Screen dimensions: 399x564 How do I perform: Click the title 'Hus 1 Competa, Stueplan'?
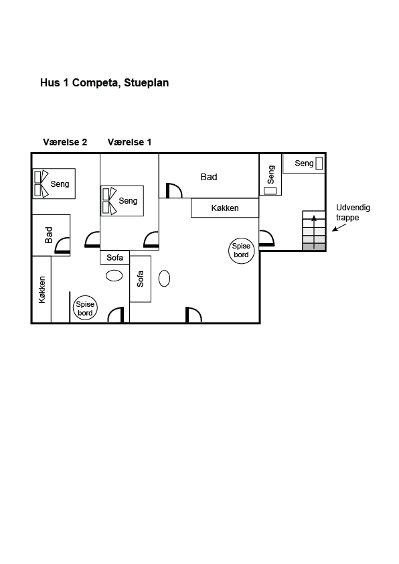point(104,83)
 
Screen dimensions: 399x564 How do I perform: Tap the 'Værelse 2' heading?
point(65,142)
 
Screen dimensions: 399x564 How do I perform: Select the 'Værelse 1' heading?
point(129,142)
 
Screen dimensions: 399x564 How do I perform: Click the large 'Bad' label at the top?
point(209,177)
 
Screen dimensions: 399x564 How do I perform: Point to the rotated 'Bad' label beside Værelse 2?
point(49,235)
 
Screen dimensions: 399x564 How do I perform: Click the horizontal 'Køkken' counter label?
point(225,208)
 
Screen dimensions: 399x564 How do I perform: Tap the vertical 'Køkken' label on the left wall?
point(42,289)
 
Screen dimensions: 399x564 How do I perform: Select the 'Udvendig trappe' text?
point(353,212)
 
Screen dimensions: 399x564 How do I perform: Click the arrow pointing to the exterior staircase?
point(339,227)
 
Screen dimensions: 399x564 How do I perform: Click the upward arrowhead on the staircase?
point(314,218)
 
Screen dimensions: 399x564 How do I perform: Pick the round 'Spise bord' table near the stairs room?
point(241,251)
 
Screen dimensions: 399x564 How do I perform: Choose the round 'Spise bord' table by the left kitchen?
point(85,309)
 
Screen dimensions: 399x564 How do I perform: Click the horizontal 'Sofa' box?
point(114,257)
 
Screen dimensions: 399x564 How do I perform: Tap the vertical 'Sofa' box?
point(140,279)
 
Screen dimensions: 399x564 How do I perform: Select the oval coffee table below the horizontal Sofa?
point(114,276)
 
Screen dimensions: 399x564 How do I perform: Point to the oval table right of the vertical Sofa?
point(164,279)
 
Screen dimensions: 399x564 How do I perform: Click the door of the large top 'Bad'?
point(174,190)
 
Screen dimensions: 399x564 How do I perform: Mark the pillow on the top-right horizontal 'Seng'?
point(319,163)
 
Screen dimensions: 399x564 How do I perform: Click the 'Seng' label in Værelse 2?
point(60,184)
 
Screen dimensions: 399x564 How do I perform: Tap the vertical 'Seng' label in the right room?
point(271,174)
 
